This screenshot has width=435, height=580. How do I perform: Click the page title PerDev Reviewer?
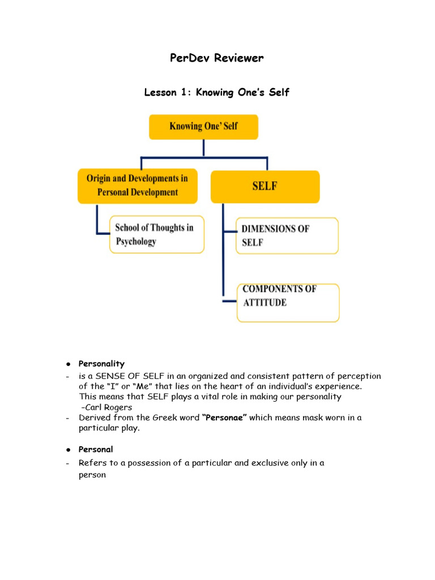(217, 58)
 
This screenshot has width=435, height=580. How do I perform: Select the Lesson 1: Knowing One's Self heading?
(217, 92)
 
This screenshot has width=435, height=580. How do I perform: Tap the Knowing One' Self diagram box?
(203, 126)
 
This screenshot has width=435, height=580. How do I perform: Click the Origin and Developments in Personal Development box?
(138, 185)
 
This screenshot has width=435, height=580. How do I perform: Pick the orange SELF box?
(265, 186)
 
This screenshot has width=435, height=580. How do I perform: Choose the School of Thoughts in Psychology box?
(156, 234)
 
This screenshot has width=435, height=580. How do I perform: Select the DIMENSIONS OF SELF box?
(287, 236)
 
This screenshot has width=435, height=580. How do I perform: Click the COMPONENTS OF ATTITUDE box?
(288, 302)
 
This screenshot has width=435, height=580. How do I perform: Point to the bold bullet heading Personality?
(101, 364)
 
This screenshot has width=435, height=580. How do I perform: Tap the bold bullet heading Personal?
(96, 449)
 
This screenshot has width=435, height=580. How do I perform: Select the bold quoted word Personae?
(224, 417)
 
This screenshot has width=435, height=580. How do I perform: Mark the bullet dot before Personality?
(67, 364)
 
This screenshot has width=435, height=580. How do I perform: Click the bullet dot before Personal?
(67, 450)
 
